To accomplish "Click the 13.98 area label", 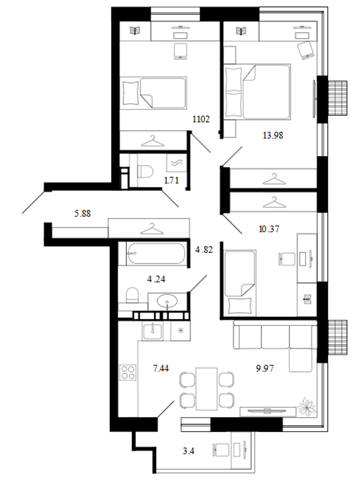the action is pos(273,135).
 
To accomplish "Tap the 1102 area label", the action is pos(201,119).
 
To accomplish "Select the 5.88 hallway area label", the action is pos(83,213).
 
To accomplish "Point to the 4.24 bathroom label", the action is pos(156,279).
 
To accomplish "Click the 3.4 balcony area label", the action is pos(188,451).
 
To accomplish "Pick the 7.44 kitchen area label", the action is pos(161,368).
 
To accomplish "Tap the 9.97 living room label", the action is pos(265,368).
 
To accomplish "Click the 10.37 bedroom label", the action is pos(269,229).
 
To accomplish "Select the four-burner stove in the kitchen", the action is pos(128,372).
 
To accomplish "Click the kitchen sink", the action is pos(152,331).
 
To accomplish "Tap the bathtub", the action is pos(156,254).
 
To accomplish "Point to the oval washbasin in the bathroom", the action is pos(167,300).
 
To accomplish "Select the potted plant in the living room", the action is pos(308,406).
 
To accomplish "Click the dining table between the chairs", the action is pos(207,389).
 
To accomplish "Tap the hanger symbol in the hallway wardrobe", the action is pos(150,229).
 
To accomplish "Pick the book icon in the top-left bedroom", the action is pos(135,31).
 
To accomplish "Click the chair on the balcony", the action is pos(221,449).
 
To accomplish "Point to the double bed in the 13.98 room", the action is pos(257,91).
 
